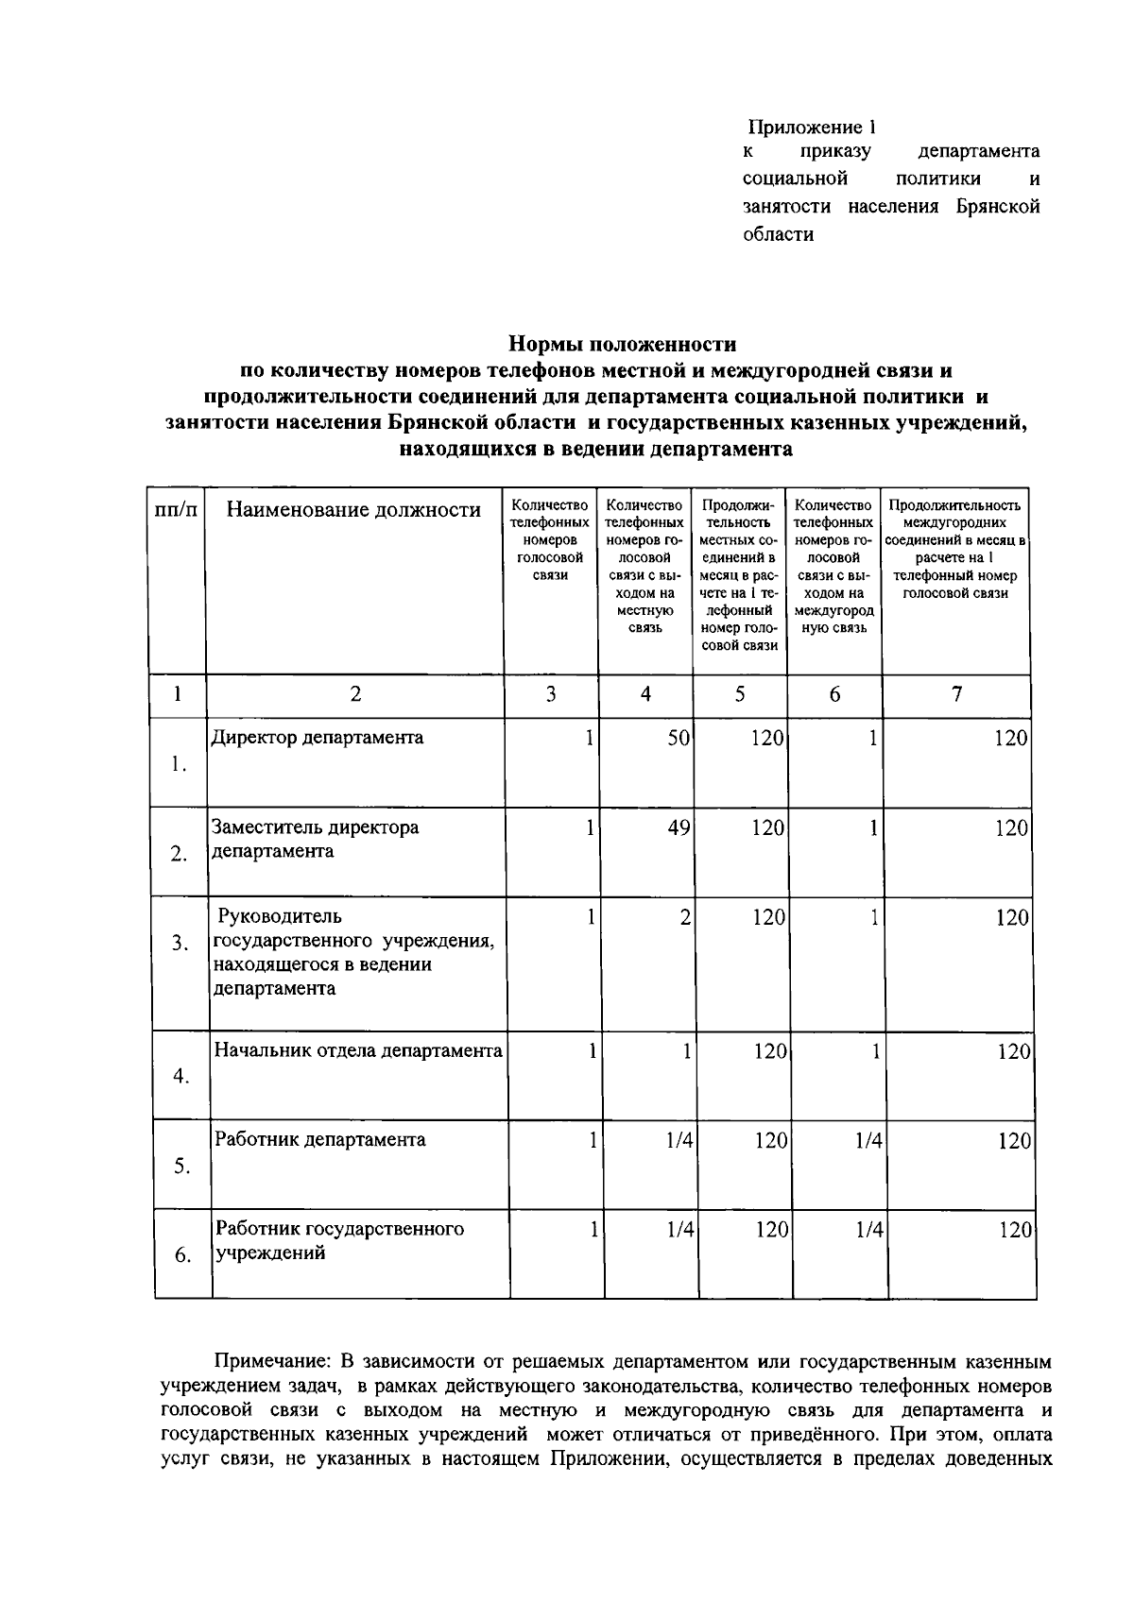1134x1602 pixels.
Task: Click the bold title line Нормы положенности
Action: point(622,344)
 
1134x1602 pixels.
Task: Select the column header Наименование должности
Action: point(353,511)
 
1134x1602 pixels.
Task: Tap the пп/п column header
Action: point(177,511)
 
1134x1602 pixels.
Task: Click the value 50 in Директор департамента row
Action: point(679,739)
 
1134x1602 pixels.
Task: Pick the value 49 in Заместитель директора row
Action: point(679,828)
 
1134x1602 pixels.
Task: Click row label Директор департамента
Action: point(317,738)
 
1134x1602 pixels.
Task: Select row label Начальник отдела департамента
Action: point(357,1050)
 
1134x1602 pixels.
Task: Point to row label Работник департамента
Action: point(319,1139)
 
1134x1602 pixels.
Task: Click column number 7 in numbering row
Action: point(956,695)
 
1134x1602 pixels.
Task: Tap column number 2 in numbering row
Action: point(355,695)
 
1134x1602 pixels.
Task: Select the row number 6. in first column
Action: point(183,1256)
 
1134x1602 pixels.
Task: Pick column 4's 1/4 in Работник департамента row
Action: point(679,1141)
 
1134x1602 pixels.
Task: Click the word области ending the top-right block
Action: point(778,234)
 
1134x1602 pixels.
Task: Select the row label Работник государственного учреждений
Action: point(338,1241)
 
